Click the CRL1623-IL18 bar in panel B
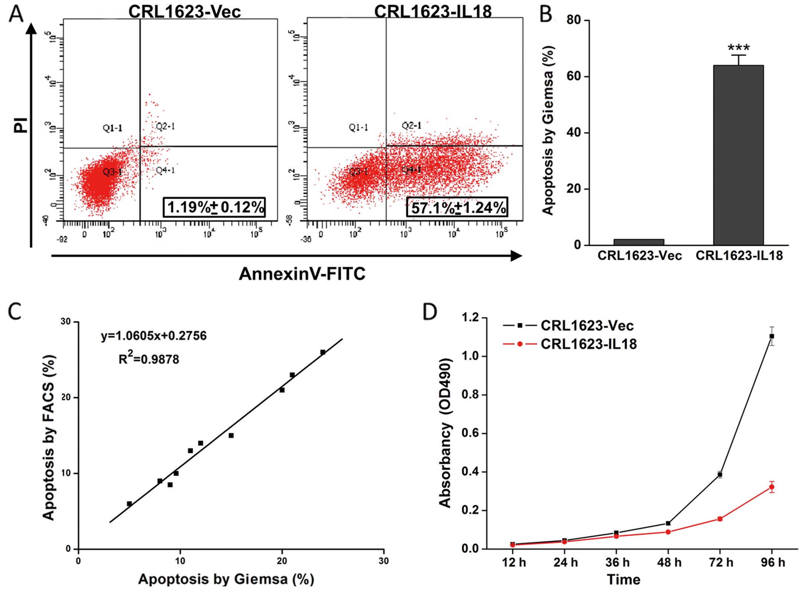pos(738,155)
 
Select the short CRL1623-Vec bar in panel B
pos(639,242)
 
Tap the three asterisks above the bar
pos(738,48)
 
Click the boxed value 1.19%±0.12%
pos(215,207)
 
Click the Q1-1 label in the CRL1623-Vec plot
pos(112,128)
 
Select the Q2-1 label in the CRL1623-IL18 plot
pos(412,126)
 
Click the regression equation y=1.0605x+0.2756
pos(154,335)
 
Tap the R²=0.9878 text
pos(149,359)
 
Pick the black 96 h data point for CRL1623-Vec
pos(772,336)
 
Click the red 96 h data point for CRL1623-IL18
pos(772,487)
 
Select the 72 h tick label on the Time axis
pos(721,562)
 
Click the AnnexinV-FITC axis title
pos(302,274)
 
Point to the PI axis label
pos(21,125)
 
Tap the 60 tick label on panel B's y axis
pos(573,76)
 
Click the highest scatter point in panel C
pos(323,352)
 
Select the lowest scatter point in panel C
pos(129,504)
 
